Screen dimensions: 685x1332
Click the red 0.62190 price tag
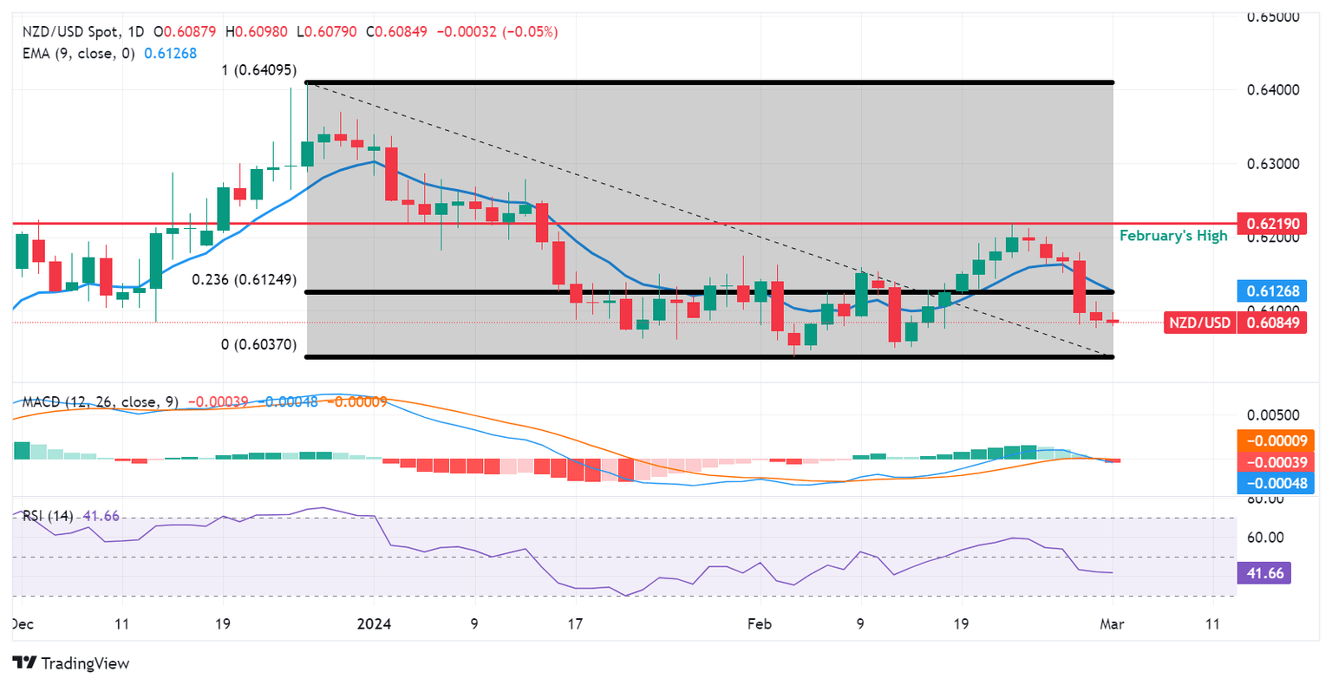[1272, 224]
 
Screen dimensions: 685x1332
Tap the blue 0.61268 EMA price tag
[1272, 290]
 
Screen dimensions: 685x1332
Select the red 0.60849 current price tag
[1272, 323]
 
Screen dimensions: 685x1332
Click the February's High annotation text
[1173, 236]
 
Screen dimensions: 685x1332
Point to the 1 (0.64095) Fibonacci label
[258, 70]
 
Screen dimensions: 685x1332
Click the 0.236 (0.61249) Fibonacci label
[244, 280]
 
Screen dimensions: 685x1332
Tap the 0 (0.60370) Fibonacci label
[258, 344]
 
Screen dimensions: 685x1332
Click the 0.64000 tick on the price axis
[1272, 90]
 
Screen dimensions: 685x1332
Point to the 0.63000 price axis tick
[1272, 164]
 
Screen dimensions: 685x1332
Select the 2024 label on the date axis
[374, 623]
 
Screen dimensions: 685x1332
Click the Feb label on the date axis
[760, 623]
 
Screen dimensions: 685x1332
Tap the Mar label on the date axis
[1112, 623]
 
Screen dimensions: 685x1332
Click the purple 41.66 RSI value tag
[1264, 573]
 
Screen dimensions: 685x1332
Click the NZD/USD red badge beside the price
[1198, 323]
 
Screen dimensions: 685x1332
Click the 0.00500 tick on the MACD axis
[1272, 415]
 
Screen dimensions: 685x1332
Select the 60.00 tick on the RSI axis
[1264, 538]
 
